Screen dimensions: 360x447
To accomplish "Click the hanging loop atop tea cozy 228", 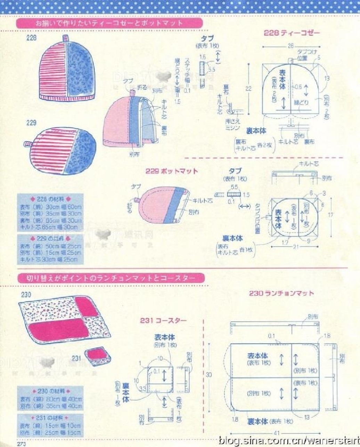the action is (65, 38).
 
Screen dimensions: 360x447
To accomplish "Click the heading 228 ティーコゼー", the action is (292, 33).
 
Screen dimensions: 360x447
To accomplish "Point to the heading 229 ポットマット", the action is (172, 171).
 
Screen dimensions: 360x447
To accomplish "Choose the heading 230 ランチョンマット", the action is (281, 293).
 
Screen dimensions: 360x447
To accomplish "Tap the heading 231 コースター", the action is (163, 320).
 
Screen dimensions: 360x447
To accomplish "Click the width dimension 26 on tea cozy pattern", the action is (291, 46).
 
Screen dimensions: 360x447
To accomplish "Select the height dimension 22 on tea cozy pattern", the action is (248, 89).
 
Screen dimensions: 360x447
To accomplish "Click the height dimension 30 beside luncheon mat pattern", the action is (208, 375).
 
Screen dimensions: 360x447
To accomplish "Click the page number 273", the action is (22, 443).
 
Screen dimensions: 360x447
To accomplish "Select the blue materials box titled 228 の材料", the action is (51, 214).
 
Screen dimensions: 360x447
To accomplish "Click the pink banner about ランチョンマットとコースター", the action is (111, 278).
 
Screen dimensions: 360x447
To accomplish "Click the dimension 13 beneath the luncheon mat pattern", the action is (306, 417).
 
